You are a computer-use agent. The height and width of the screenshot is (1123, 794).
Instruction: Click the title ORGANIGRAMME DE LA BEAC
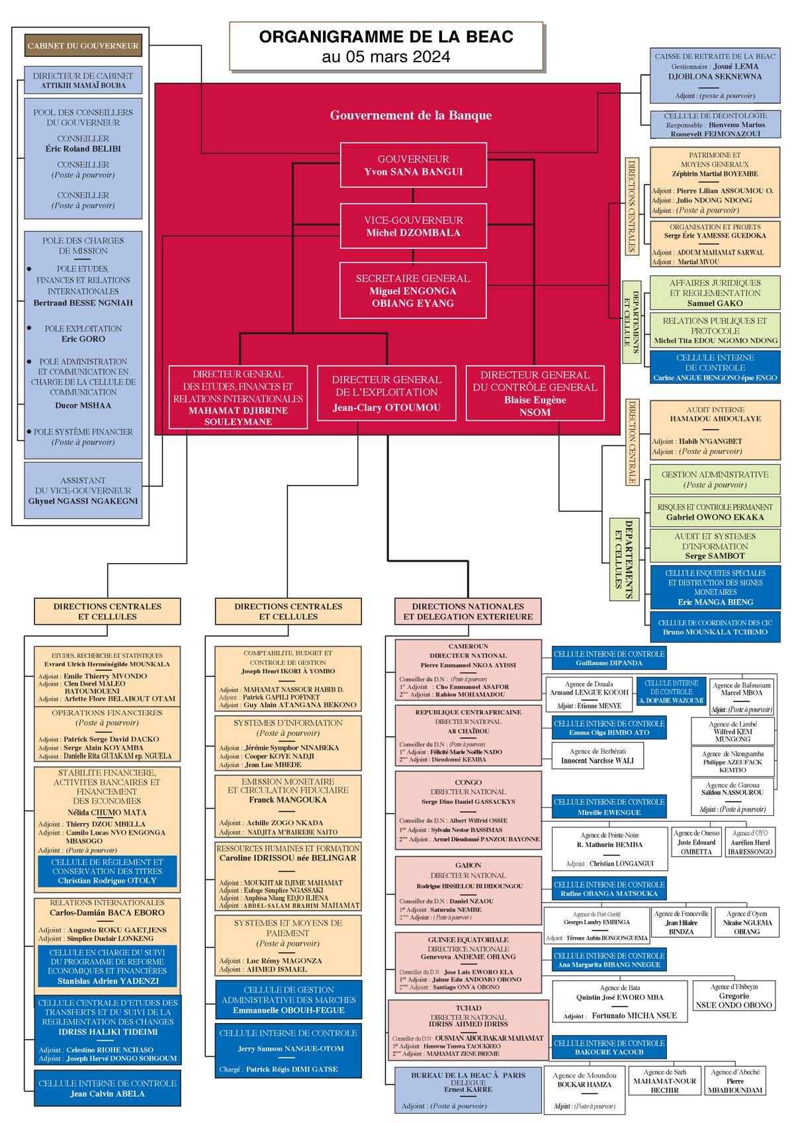tap(386, 37)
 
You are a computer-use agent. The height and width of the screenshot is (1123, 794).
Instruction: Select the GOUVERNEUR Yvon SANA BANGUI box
tap(414, 165)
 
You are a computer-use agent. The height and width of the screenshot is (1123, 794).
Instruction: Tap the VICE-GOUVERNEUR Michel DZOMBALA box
tap(414, 226)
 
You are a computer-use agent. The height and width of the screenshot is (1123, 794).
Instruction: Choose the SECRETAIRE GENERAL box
tap(413, 291)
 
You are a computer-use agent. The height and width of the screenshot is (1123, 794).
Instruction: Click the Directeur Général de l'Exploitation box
tap(386, 393)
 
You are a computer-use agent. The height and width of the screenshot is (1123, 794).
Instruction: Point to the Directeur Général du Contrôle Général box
tap(535, 393)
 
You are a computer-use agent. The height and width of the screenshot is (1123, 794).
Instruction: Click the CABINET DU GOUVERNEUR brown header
tap(83, 46)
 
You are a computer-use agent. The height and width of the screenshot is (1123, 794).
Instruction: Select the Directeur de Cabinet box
tap(83, 80)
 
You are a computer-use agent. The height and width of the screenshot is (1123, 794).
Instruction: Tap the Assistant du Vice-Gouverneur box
tap(83, 490)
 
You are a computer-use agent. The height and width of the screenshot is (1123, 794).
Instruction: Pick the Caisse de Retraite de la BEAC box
tap(715, 76)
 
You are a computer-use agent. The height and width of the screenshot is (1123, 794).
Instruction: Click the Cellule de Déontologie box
tap(715, 124)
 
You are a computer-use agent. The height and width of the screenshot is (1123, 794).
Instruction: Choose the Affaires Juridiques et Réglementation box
tap(715, 292)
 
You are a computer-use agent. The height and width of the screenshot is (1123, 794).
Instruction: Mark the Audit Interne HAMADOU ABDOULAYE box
tap(715, 430)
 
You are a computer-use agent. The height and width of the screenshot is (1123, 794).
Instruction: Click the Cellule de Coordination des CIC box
tap(715, 627)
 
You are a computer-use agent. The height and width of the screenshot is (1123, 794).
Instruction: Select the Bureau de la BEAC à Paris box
tap(468, 1090)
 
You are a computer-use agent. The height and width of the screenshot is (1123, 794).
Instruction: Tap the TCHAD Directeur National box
tap(468, 1030)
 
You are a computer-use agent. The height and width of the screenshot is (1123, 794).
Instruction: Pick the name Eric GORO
tap(83, 339)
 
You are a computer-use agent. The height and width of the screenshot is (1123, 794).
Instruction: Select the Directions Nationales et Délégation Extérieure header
tap(468, 611)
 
